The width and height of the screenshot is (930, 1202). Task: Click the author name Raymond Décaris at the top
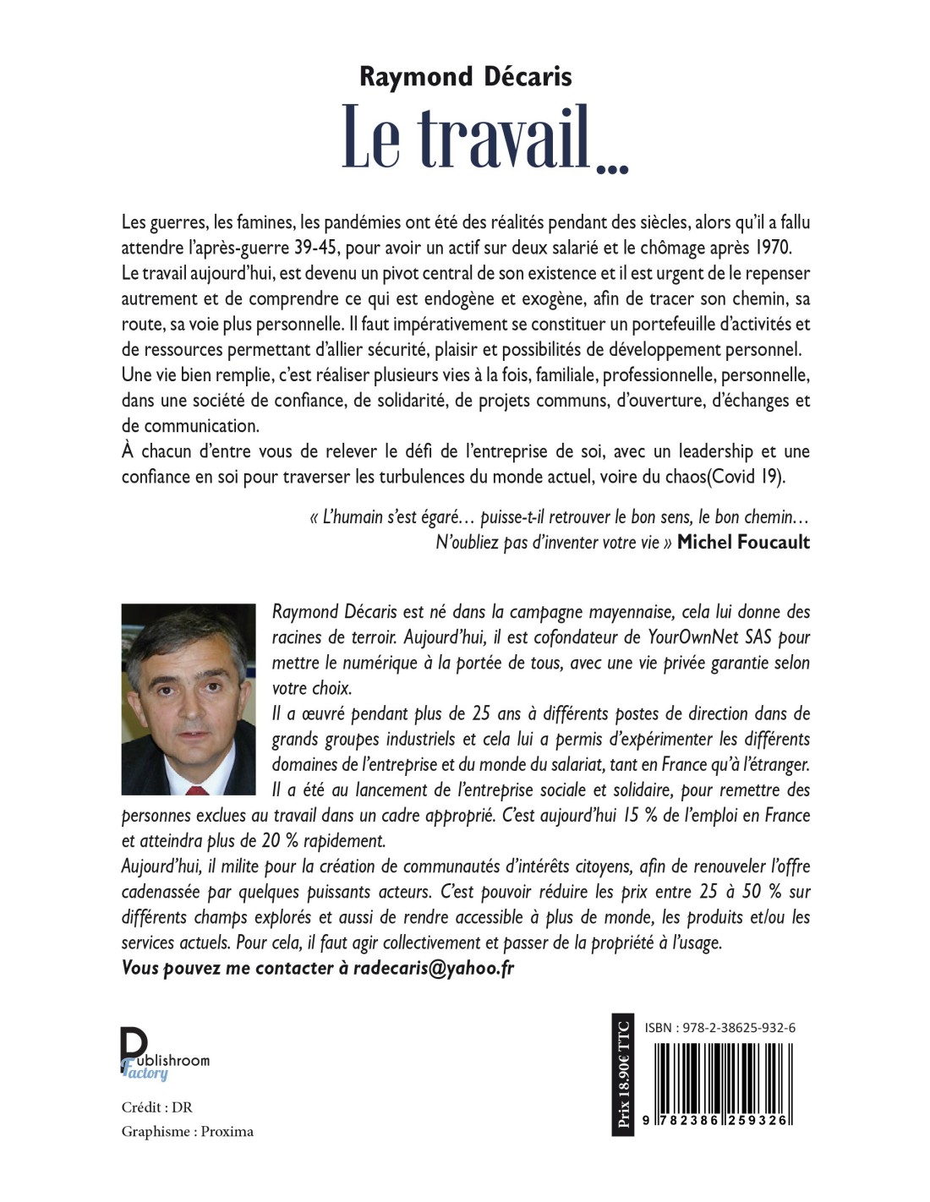(465, 77)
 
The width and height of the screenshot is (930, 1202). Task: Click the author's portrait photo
(188, 698)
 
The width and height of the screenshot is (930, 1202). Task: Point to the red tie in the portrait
(197, 789)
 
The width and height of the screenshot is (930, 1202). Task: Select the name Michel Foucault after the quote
(743, 543)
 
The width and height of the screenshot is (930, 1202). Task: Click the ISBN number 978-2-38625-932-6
(719, 1028)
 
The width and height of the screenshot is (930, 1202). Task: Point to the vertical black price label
(623, 1074)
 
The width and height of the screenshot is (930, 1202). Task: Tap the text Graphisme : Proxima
(188, 1132)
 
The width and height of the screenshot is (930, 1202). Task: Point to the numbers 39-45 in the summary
(340, 248)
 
